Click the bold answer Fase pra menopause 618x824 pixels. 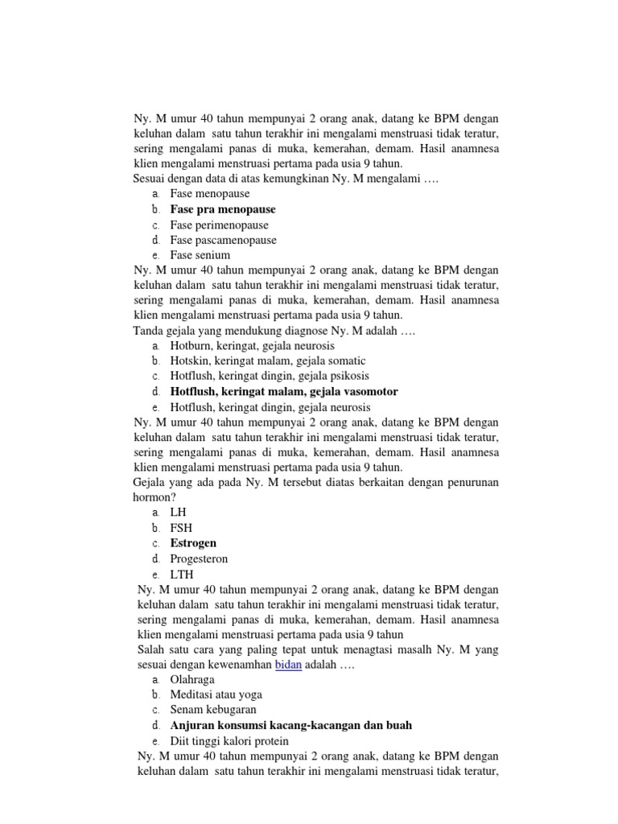pos(223,209)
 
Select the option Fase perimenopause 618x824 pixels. pos(219,225)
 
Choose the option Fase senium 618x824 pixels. pos(200,255)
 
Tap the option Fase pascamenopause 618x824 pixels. pos(223,240)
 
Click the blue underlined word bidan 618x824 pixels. pos(288,665)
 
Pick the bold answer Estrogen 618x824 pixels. pos(193,543)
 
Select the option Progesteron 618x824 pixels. pos(199,558)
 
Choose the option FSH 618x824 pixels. pos(182,528)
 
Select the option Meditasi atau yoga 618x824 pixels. pos(216,694)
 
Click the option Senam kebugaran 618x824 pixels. pos(213,710)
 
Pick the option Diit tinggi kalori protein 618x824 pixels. pos(229,740)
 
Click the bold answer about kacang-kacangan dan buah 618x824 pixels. pos(290,725)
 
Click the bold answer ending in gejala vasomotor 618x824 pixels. pos(284,391)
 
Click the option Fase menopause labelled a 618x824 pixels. pos(210,194)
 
